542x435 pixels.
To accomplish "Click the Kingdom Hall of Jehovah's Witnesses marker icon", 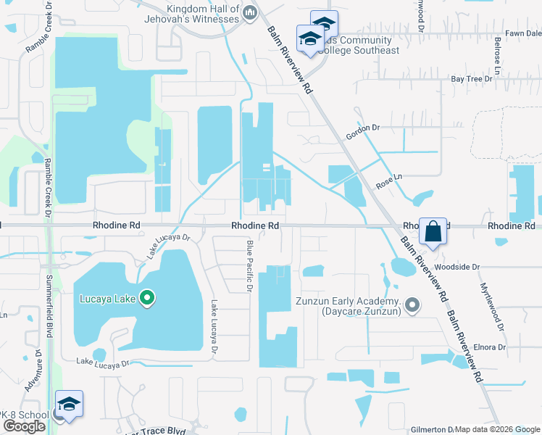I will [x=249, y=12].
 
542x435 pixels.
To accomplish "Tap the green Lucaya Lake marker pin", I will [x=147, y=298].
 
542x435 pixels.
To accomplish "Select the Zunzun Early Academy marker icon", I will [x=412, y=305].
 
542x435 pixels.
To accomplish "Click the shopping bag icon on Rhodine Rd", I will [x=433, y=233].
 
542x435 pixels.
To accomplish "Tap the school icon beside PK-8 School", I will [x=69, y=405].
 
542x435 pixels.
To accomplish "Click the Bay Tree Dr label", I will [x=467, y=78].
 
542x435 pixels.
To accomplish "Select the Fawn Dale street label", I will [x=523, y=33].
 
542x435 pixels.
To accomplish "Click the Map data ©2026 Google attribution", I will [x=498, y=429].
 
